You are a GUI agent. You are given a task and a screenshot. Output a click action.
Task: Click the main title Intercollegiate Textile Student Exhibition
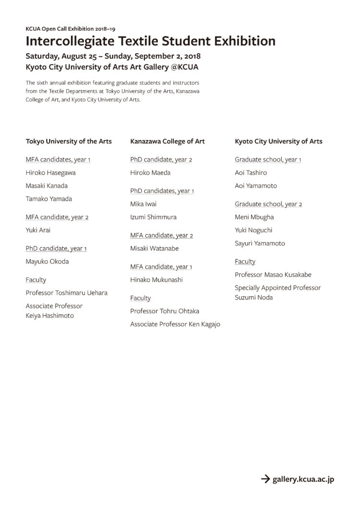click(151, 41)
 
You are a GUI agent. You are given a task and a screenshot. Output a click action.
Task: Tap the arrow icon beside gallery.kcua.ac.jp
click(265, 478)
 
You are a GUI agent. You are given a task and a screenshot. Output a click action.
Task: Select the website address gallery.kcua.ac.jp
click(303, 479)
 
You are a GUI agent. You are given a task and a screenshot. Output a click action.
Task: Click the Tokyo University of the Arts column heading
click(69, 141)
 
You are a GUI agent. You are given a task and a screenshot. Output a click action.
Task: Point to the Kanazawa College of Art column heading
click(168, 141)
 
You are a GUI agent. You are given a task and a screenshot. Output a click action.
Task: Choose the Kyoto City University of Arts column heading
click(278, 141)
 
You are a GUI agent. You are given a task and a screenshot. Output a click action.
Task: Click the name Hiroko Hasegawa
click(50, 173)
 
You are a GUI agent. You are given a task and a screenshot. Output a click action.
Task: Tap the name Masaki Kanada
click(47, 186)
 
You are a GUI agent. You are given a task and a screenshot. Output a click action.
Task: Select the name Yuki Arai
click(38, 230)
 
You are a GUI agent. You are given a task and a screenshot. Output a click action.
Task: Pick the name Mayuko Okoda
click(47, 262)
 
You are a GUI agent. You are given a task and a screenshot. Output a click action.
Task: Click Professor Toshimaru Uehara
click(66, 293)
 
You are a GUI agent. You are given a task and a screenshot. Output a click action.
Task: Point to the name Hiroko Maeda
click(150, 173)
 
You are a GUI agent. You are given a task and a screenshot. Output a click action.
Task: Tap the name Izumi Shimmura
click(153, 217)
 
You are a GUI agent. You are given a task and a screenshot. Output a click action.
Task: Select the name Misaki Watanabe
click(155, 249)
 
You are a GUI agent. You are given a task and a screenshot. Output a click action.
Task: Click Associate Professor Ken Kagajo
click(175, 325)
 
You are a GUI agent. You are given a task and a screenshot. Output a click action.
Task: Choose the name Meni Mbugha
click(254, 217)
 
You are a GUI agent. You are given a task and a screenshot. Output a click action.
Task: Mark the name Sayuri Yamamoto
click(260, 243)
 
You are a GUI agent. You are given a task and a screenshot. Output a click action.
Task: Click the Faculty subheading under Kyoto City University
click(245, 262)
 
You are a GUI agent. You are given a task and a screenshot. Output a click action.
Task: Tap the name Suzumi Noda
click(253, 297)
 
